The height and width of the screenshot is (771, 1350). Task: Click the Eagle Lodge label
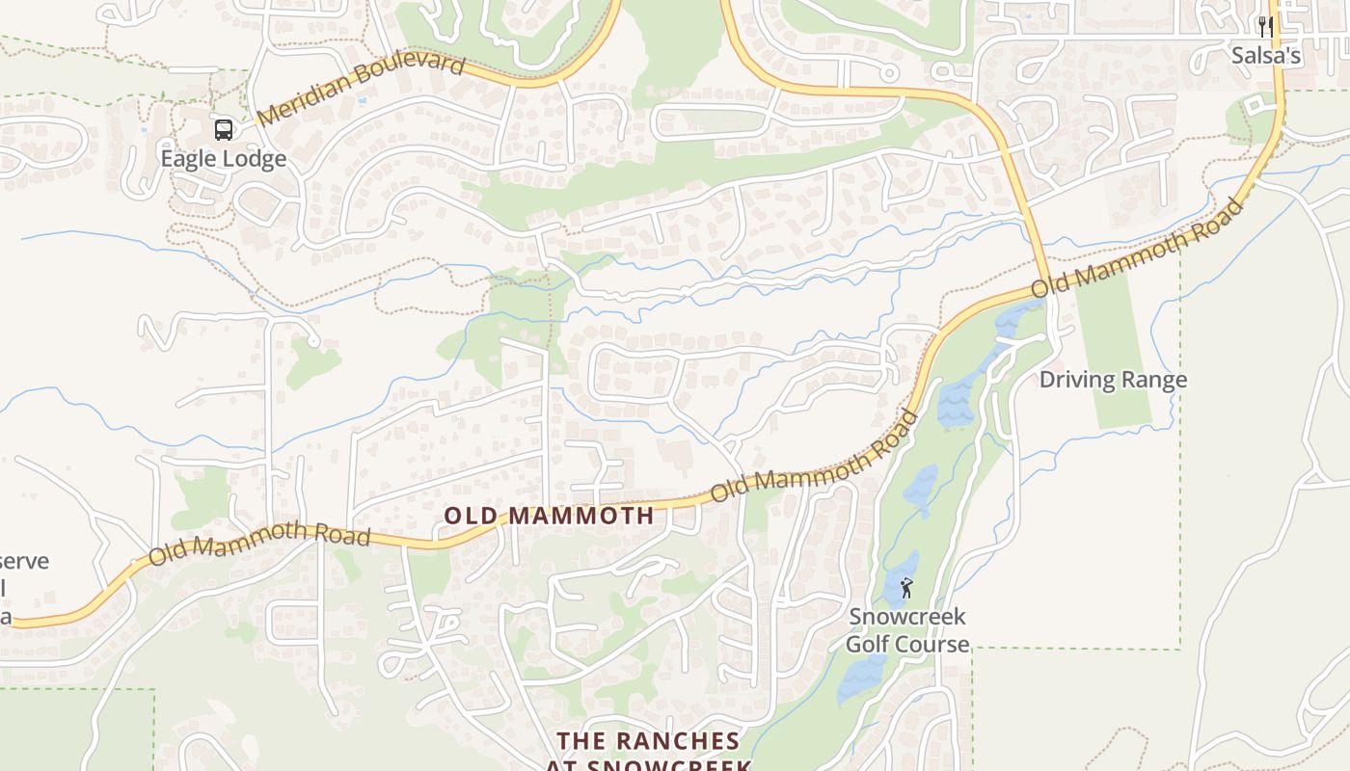coord(223,159)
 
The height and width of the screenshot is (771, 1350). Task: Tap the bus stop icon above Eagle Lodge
coord(223,129)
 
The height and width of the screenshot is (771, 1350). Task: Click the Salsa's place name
coord(1265,56)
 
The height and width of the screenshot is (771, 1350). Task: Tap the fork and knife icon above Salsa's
coord(1265,27)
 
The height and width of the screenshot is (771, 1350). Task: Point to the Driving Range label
coord(1113,380)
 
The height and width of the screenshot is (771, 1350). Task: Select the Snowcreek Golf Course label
coord(906,630)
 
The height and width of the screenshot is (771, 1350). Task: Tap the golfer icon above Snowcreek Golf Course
coord(906,588)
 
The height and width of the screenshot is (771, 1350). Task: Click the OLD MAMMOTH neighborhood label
coord(549,516)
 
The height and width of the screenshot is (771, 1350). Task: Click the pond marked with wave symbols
coord(957,403)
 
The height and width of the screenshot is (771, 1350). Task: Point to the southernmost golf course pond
coord(861,678)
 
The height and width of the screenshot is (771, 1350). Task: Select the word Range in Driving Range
coord(1154,380)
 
